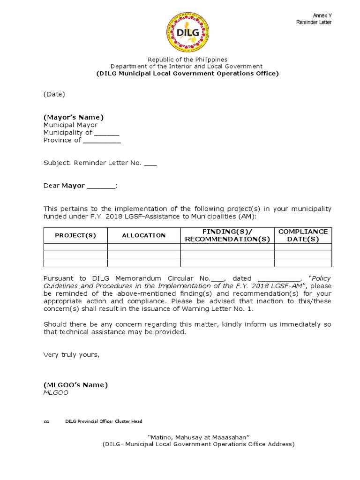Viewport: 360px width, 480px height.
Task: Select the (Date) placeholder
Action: click(54, 94)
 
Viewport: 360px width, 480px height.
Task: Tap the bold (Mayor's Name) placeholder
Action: click(74, 117)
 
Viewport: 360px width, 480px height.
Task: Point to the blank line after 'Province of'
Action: click(102, 141)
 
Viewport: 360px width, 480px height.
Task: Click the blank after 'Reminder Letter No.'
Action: click(150, 164)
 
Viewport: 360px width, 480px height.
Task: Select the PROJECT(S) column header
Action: click(75, 235)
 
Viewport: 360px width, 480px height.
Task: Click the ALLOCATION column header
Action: click(144, 235)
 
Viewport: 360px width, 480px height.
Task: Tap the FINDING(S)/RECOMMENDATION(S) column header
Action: click(227, 235)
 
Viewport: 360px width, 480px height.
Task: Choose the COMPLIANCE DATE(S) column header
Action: click(303, 235)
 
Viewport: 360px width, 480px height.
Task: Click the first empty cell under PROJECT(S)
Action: click(75, 247)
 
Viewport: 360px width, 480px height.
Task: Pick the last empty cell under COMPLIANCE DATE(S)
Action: click(303, 263)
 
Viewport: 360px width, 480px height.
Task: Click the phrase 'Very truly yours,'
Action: click(72, 354)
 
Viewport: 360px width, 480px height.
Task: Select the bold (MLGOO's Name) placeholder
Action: click(75, 385)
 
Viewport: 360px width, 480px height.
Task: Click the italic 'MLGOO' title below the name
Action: click(56, 393)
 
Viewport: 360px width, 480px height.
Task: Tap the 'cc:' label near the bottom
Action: click(46, 421)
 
